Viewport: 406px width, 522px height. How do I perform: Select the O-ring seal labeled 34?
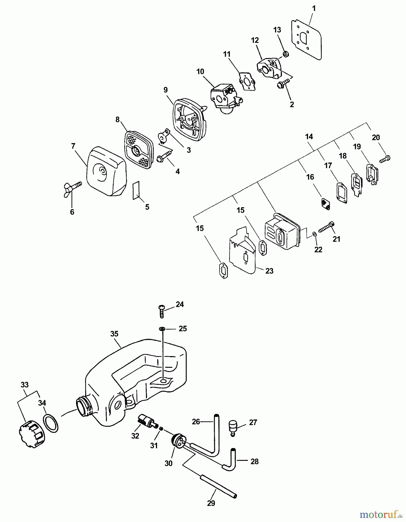coord(51,424)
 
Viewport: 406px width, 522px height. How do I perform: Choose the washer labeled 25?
coord(162,329)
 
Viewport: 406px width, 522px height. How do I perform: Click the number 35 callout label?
coord(114,334)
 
